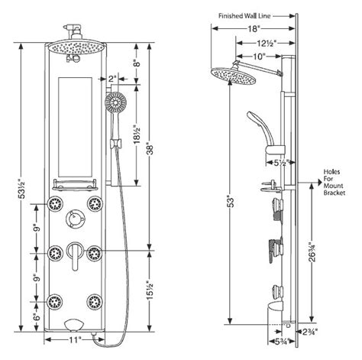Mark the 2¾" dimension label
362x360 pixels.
click(308, 330)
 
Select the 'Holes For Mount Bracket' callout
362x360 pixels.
click(335, 183)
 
